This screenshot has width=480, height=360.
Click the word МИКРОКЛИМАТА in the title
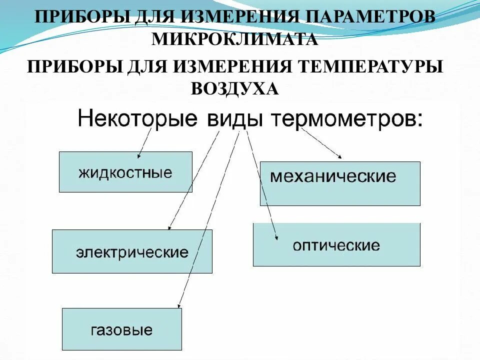click(234, 39)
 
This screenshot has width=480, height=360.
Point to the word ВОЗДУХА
click(234, 89)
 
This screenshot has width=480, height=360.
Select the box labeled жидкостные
click(125, 172)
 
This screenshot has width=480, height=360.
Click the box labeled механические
click(340, 183)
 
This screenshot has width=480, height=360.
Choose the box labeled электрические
click(132, 251)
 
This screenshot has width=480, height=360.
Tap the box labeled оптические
click(336, 244)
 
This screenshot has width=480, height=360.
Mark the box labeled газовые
click(122, 329)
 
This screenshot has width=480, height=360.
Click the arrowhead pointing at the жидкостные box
click(139, 155)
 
